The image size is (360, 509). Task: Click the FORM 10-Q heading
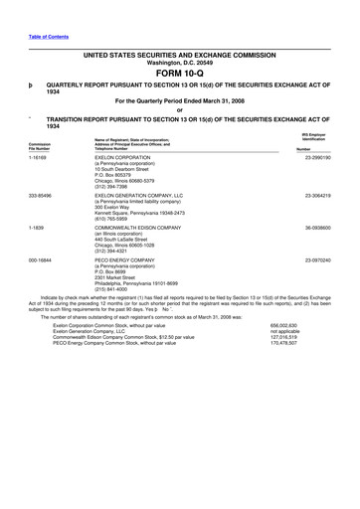[x=179, y=74]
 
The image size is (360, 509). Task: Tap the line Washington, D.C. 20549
[x=179, y=63]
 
